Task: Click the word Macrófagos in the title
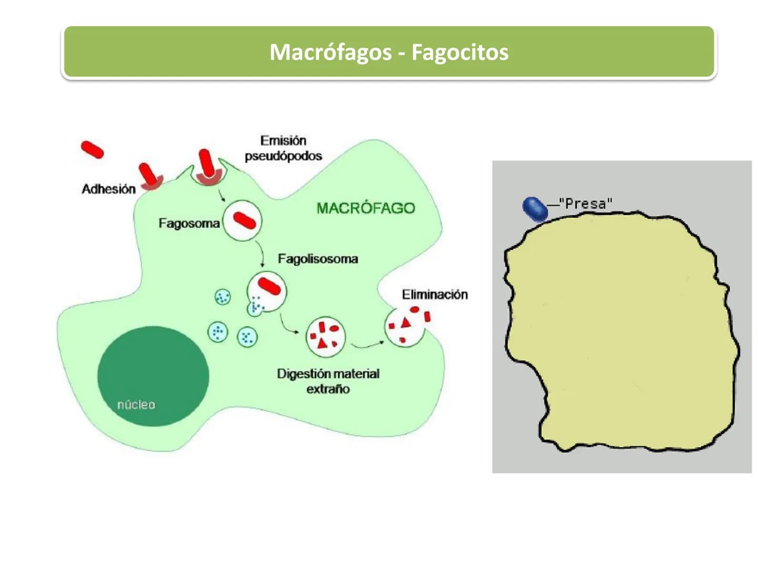pos(330,53)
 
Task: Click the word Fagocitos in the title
pos(460,53)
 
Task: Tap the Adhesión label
pos(108,189)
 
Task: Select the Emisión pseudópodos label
pos(283,148)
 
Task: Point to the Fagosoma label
pos(189,224)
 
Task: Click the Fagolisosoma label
pos(318,259)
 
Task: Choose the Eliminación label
pos(435,295)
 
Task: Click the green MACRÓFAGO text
pos(366,208)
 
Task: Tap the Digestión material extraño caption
pos(328,381)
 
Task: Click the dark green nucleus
pos(153,376)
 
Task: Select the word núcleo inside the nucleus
pos(136,404)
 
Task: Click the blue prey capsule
pos(535,209)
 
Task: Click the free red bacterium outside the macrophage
pos(92,150)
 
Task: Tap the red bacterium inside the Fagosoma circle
pos(244,221)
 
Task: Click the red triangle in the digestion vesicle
pos(322,343)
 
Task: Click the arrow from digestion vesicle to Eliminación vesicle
pos(367,345)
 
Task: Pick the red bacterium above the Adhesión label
pos(147,174)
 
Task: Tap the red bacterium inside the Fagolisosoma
pos(270,286)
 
